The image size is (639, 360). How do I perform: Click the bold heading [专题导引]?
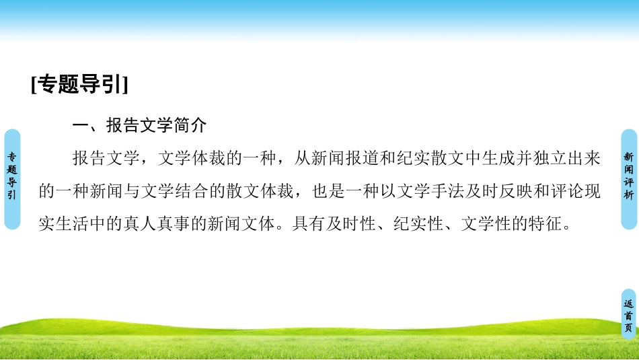click(x=79, y=86)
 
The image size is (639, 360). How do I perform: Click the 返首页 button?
click(x=628, y=315)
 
